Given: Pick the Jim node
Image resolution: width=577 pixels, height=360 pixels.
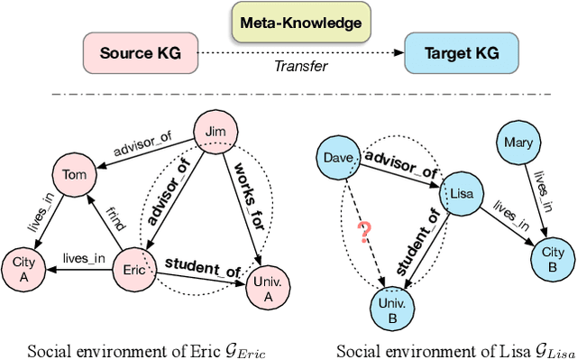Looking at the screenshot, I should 215,132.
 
